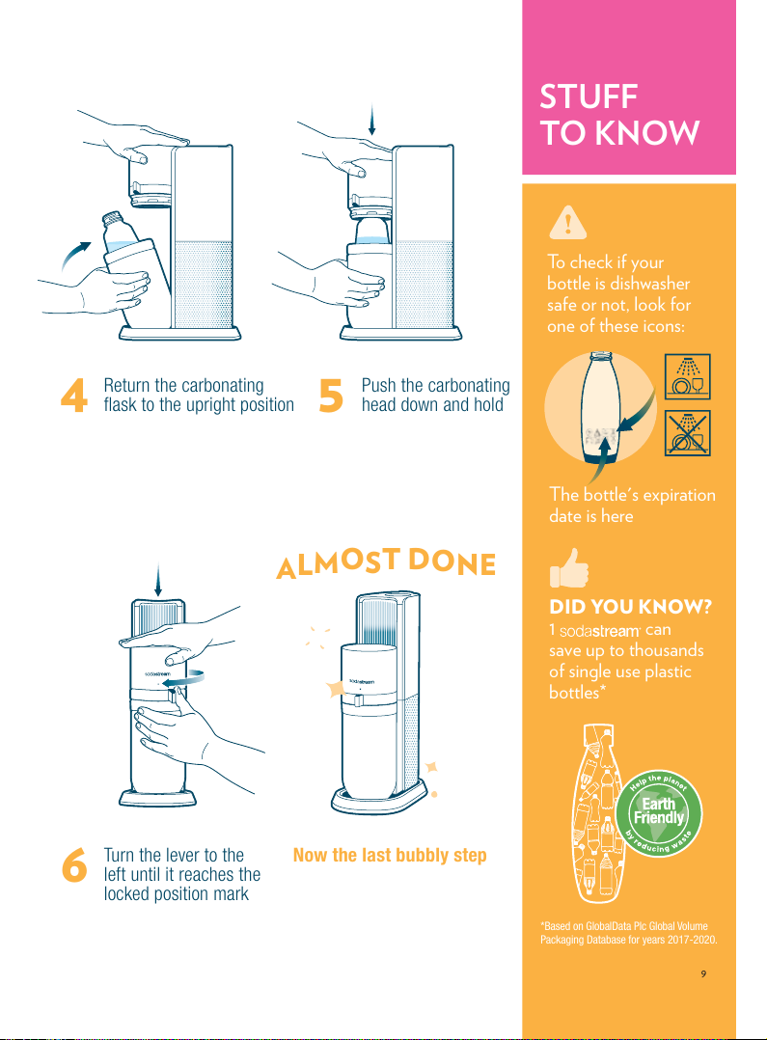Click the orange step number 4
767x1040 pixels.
[x=73, y=396]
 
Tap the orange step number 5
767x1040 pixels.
[x=331, y=396]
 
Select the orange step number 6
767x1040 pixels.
[x=74, y=864]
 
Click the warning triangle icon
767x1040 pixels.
[x=568, y=222]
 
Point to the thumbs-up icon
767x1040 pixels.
[x=569, y=567]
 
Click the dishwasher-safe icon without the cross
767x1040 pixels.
[x=688, y=376]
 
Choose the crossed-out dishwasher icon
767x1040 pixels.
[x=688, y=433]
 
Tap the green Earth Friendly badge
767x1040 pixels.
[x=658, y=814]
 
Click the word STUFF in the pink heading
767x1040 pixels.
[x=589, y=96]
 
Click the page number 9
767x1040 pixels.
[x=703, y=973]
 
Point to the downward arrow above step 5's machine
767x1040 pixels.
[x=372, y=120]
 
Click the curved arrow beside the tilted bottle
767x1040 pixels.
[x=75, y=255]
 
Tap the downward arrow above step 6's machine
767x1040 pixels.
[x=157, y=581]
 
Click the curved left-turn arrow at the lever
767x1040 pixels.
[x=183, y=678]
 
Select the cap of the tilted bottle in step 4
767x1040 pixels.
[x=112, y=218]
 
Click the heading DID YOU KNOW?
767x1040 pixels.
[x=630, y=607]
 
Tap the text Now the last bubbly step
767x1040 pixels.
[x=390, y=855]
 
